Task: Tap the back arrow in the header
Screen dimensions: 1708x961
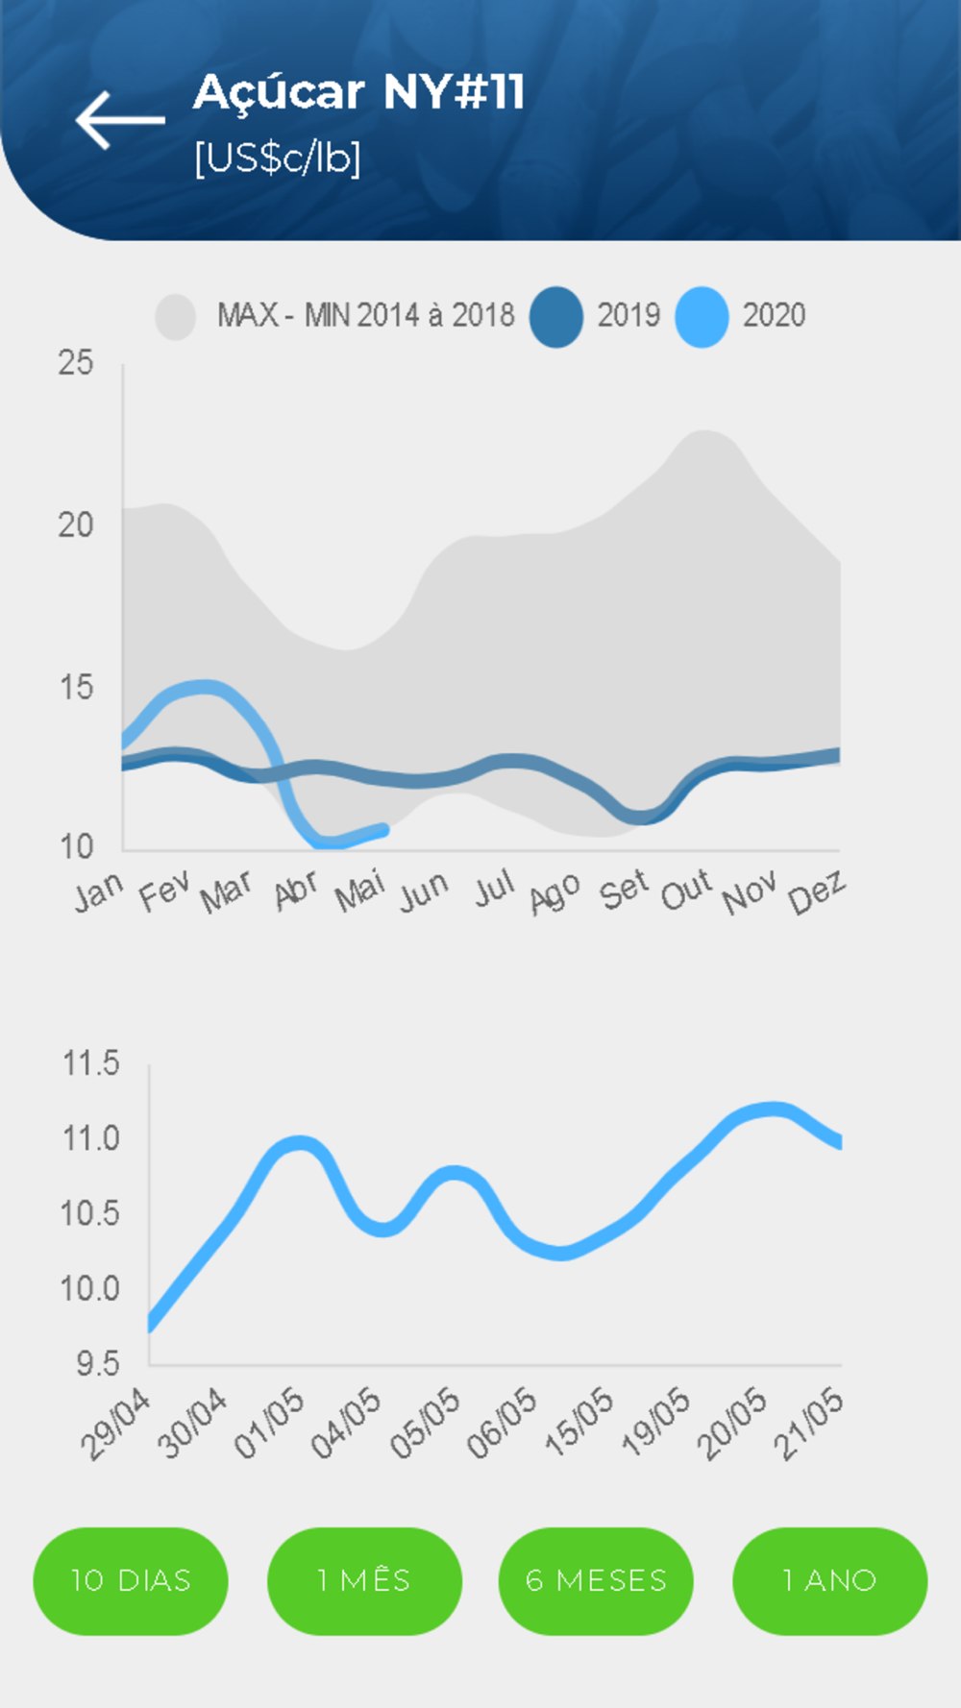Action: (120, 120)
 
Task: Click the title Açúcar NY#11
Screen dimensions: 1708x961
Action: (358, 92)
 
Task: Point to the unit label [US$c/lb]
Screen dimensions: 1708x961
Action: (277, 158)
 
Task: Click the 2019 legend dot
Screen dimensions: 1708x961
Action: (556, 316)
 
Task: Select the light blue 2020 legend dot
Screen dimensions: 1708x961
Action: (702, 316)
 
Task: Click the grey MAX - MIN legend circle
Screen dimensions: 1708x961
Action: (176, 316)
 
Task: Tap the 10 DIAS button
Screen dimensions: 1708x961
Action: (131, 1580)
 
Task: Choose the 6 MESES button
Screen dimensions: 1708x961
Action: (596, 1580)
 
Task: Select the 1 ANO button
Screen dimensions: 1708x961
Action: (829, 1580)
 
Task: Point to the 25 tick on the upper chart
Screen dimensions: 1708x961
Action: (76, 363)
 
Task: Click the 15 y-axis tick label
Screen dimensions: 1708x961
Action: (76, 688)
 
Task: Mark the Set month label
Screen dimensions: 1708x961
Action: (624, 891)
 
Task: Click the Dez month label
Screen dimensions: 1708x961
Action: (816, 892)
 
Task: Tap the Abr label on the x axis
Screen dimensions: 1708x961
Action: (295, 891)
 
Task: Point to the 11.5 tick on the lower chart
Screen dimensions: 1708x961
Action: (90, 1063)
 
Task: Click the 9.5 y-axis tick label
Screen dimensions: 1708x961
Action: (97, 1363)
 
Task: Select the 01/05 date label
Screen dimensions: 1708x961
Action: (269, 1424)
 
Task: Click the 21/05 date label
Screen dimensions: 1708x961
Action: (809, 1424)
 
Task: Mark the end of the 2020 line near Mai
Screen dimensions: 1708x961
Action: (383, 829)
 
